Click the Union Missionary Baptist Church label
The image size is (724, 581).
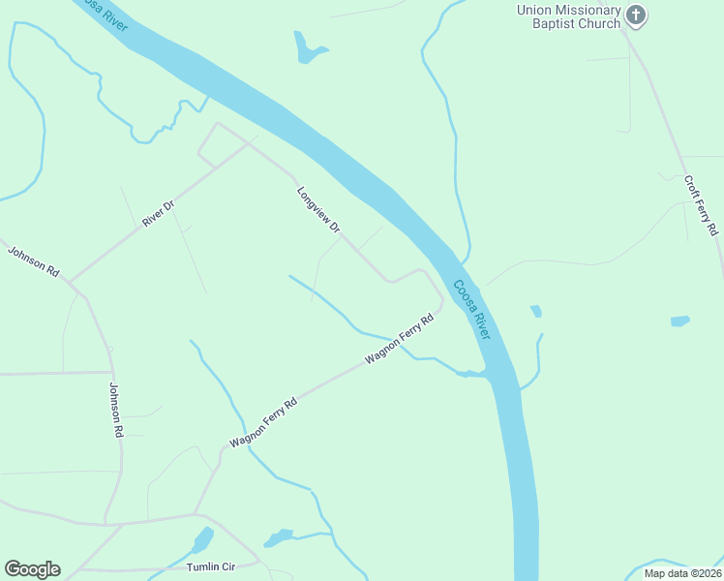point(568,16)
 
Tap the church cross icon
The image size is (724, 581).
point(635,15)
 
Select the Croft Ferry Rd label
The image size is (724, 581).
point(701,205)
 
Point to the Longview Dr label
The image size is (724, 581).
point(318,210)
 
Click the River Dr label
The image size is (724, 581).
point(157,213)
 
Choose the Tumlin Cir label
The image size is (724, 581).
point(210,566)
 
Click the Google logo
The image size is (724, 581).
point(32,569)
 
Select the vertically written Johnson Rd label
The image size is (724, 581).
point(116,409)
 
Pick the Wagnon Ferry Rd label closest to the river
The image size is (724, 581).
point(398,339)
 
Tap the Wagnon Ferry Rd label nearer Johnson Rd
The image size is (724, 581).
point(261,423)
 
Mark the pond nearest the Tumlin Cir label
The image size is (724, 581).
point(202,540)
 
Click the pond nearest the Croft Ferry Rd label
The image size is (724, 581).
point(679,321)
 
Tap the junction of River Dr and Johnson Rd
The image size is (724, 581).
point(69,282)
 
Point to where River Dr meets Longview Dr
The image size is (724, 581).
point(255,139)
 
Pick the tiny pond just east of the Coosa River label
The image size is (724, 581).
point(535,311)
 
